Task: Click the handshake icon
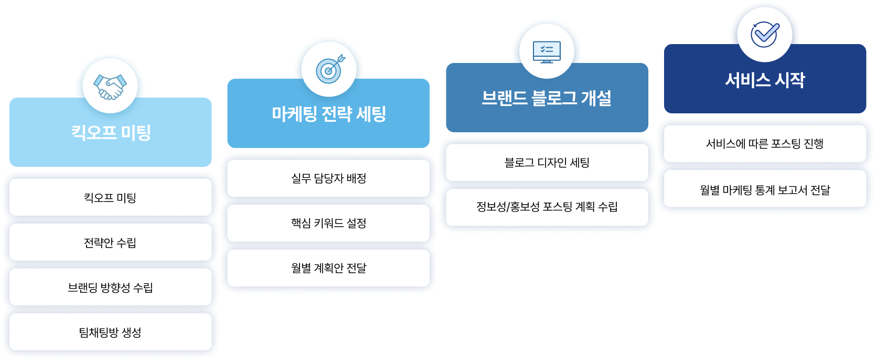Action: pyautogui.click(x=110, y=86)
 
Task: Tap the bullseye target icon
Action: pyautogui.click(x=329, y=70)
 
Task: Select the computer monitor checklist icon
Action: pyautogui.click(x=547, y=52)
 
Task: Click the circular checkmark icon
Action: pyautogui.click(x=764, y=35)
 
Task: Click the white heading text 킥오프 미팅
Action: pyautogui.click(x=111, y=132)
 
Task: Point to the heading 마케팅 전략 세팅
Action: pyautogui.click(x=329, y=114)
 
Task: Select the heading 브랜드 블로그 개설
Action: pyautogui.click(x=547, y=98)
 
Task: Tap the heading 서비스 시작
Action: pyautogui.click(x=764, y=80)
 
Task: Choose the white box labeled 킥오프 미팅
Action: pyautogui.click(x=110, y=198)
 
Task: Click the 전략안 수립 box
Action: pyautogui.click(x=110, y=242)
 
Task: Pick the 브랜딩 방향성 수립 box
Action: pyautogui.click(x=110, y=288)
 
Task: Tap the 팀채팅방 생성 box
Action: pyautogui.click(x=110, y=332)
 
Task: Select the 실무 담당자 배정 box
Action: pyautogui.click(x=328, y=178)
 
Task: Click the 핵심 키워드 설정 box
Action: pyautogui.click(x=328, y=224)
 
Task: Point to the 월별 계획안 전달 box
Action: pyautogui.click(x=328, y=268)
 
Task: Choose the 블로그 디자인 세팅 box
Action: pyautogui.click(x=547, y=163)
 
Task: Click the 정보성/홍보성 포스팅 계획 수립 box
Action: pyautogui.click(x=547, y=207)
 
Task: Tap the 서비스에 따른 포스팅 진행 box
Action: pyautogui.click(x=764, y=144)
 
